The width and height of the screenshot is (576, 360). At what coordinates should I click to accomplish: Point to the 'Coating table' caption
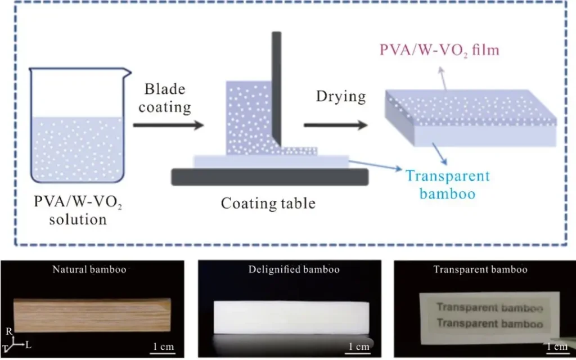click(x=268, y=203)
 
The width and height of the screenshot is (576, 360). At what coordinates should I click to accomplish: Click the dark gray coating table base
click(x=270, y=177)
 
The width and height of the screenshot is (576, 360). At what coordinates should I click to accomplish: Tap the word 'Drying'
click(x=341, y=96)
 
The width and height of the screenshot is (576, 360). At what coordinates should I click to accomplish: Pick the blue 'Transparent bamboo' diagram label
click(x=448, y=184)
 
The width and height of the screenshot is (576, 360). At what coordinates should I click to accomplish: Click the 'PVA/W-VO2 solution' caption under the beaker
click(x=78, y=210)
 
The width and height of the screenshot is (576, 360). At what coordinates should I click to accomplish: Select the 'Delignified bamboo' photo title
click(x=294, y=269)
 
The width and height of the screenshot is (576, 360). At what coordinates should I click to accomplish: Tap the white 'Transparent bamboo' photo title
click(x=480, y=269)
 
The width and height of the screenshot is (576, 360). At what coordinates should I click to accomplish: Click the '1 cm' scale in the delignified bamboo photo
click(x=358, y=346)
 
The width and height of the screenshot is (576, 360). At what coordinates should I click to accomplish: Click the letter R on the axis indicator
click(x=9, y=333)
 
